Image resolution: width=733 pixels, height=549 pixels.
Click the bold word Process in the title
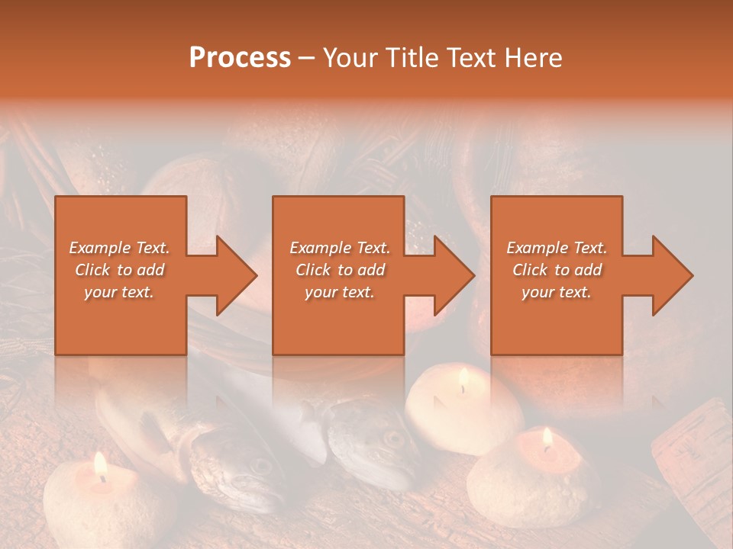point(240,58)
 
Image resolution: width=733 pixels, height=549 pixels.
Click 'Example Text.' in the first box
point(119,248)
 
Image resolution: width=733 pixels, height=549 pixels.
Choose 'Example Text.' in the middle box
point(339,248)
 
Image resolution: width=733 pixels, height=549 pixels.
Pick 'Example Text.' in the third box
point(557,248)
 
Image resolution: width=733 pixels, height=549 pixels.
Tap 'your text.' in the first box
point(119,292)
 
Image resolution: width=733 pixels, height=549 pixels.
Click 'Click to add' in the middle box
point(339,270)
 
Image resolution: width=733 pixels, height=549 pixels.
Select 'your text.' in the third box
point(557,292)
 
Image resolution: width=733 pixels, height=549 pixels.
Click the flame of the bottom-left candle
point(99,464)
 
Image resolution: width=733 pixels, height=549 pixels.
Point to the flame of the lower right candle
point(547,438)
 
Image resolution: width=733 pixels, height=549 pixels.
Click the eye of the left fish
point(260,464)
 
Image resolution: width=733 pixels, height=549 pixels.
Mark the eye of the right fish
point(393,438)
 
